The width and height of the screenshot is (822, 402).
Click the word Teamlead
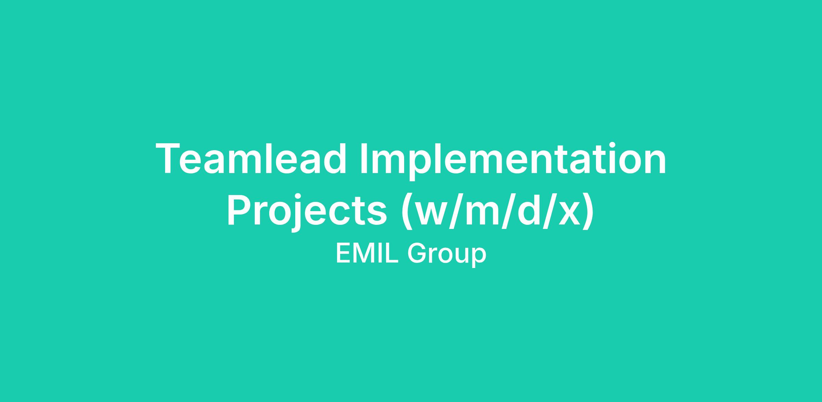(251, 159)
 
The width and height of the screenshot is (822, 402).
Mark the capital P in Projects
(240, 209)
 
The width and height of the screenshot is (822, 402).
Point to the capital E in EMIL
(343, 253)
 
